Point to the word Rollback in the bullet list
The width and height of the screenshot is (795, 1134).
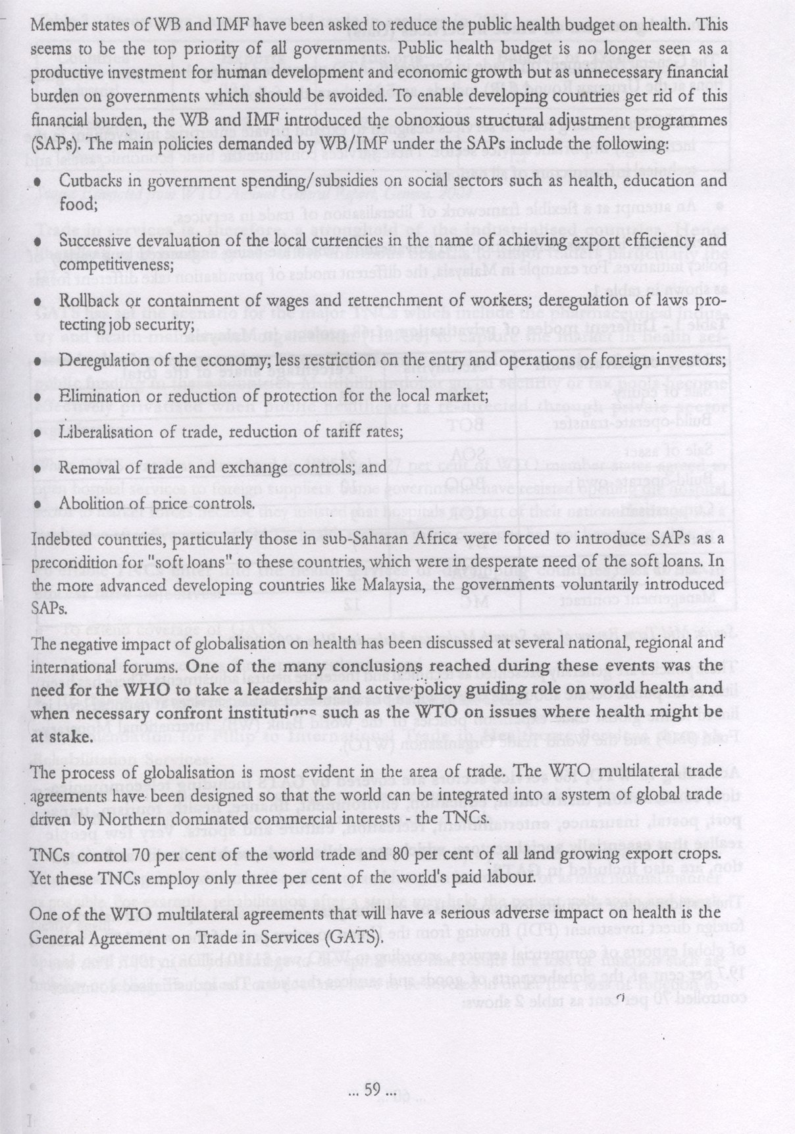pos(88,301)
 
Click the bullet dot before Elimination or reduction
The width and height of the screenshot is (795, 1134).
pos(38,397)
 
